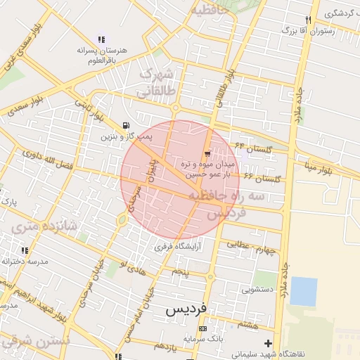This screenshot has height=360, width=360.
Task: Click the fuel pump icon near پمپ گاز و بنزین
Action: [126, 126]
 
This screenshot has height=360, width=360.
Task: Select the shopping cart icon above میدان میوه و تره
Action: [207, 153]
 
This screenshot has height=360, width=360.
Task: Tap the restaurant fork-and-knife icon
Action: [308, 20]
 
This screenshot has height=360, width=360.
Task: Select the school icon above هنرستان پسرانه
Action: [102, 40]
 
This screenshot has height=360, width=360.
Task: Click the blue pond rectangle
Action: [303, 291]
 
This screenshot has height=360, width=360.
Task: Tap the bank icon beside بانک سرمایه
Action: [203, 328]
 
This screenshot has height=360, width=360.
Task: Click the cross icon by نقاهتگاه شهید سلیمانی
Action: [267, 343]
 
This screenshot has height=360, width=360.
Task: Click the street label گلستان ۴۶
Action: [262, 176]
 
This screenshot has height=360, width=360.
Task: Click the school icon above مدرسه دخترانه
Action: [25, 250]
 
